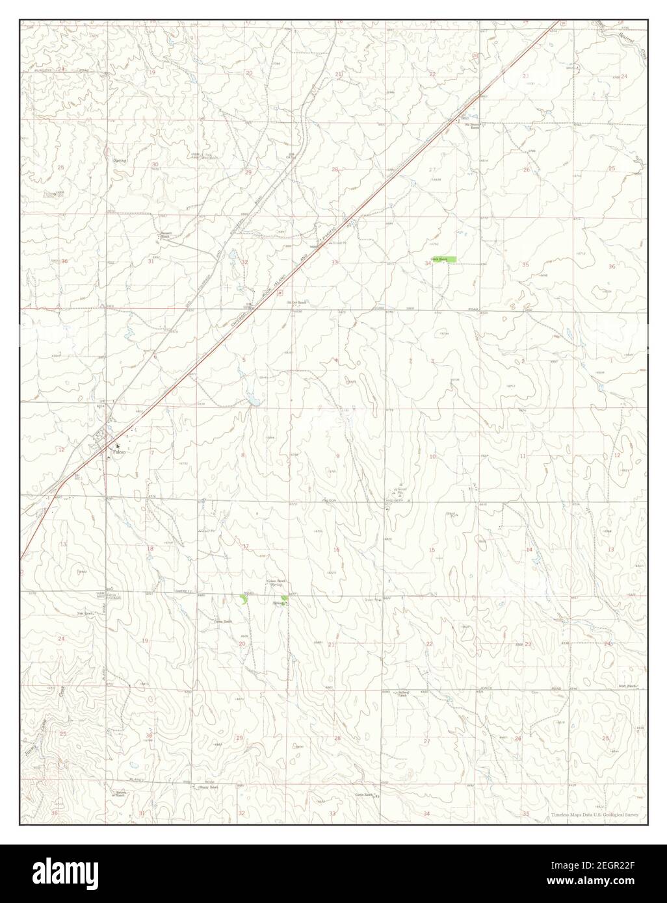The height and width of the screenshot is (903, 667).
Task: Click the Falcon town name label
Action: click(119, 452)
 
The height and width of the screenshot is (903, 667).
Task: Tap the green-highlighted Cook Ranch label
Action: click(443, 259)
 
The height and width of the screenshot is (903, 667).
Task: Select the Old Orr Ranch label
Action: click(298, 303)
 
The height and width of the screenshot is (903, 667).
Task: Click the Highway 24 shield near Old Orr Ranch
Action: click(280, 294)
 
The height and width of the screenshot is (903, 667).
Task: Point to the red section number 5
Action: click(244, 359)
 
